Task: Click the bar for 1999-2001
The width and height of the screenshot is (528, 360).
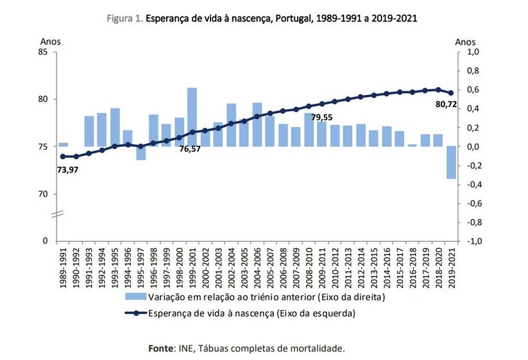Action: [x=192, y=117]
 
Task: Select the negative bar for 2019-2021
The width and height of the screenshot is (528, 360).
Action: [x=451, y=162]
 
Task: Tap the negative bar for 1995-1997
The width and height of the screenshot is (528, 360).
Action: [x=141, y=153]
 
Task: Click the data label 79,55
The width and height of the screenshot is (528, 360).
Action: [x=322, y=117]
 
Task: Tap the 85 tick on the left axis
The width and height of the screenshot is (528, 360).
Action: [x=44, y=52]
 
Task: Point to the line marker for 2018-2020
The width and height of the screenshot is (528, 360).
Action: [x=438, y=90]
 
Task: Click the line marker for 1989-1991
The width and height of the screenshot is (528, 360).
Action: [x=63, y=156]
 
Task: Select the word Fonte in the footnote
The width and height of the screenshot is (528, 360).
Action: [x=162, y=348]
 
